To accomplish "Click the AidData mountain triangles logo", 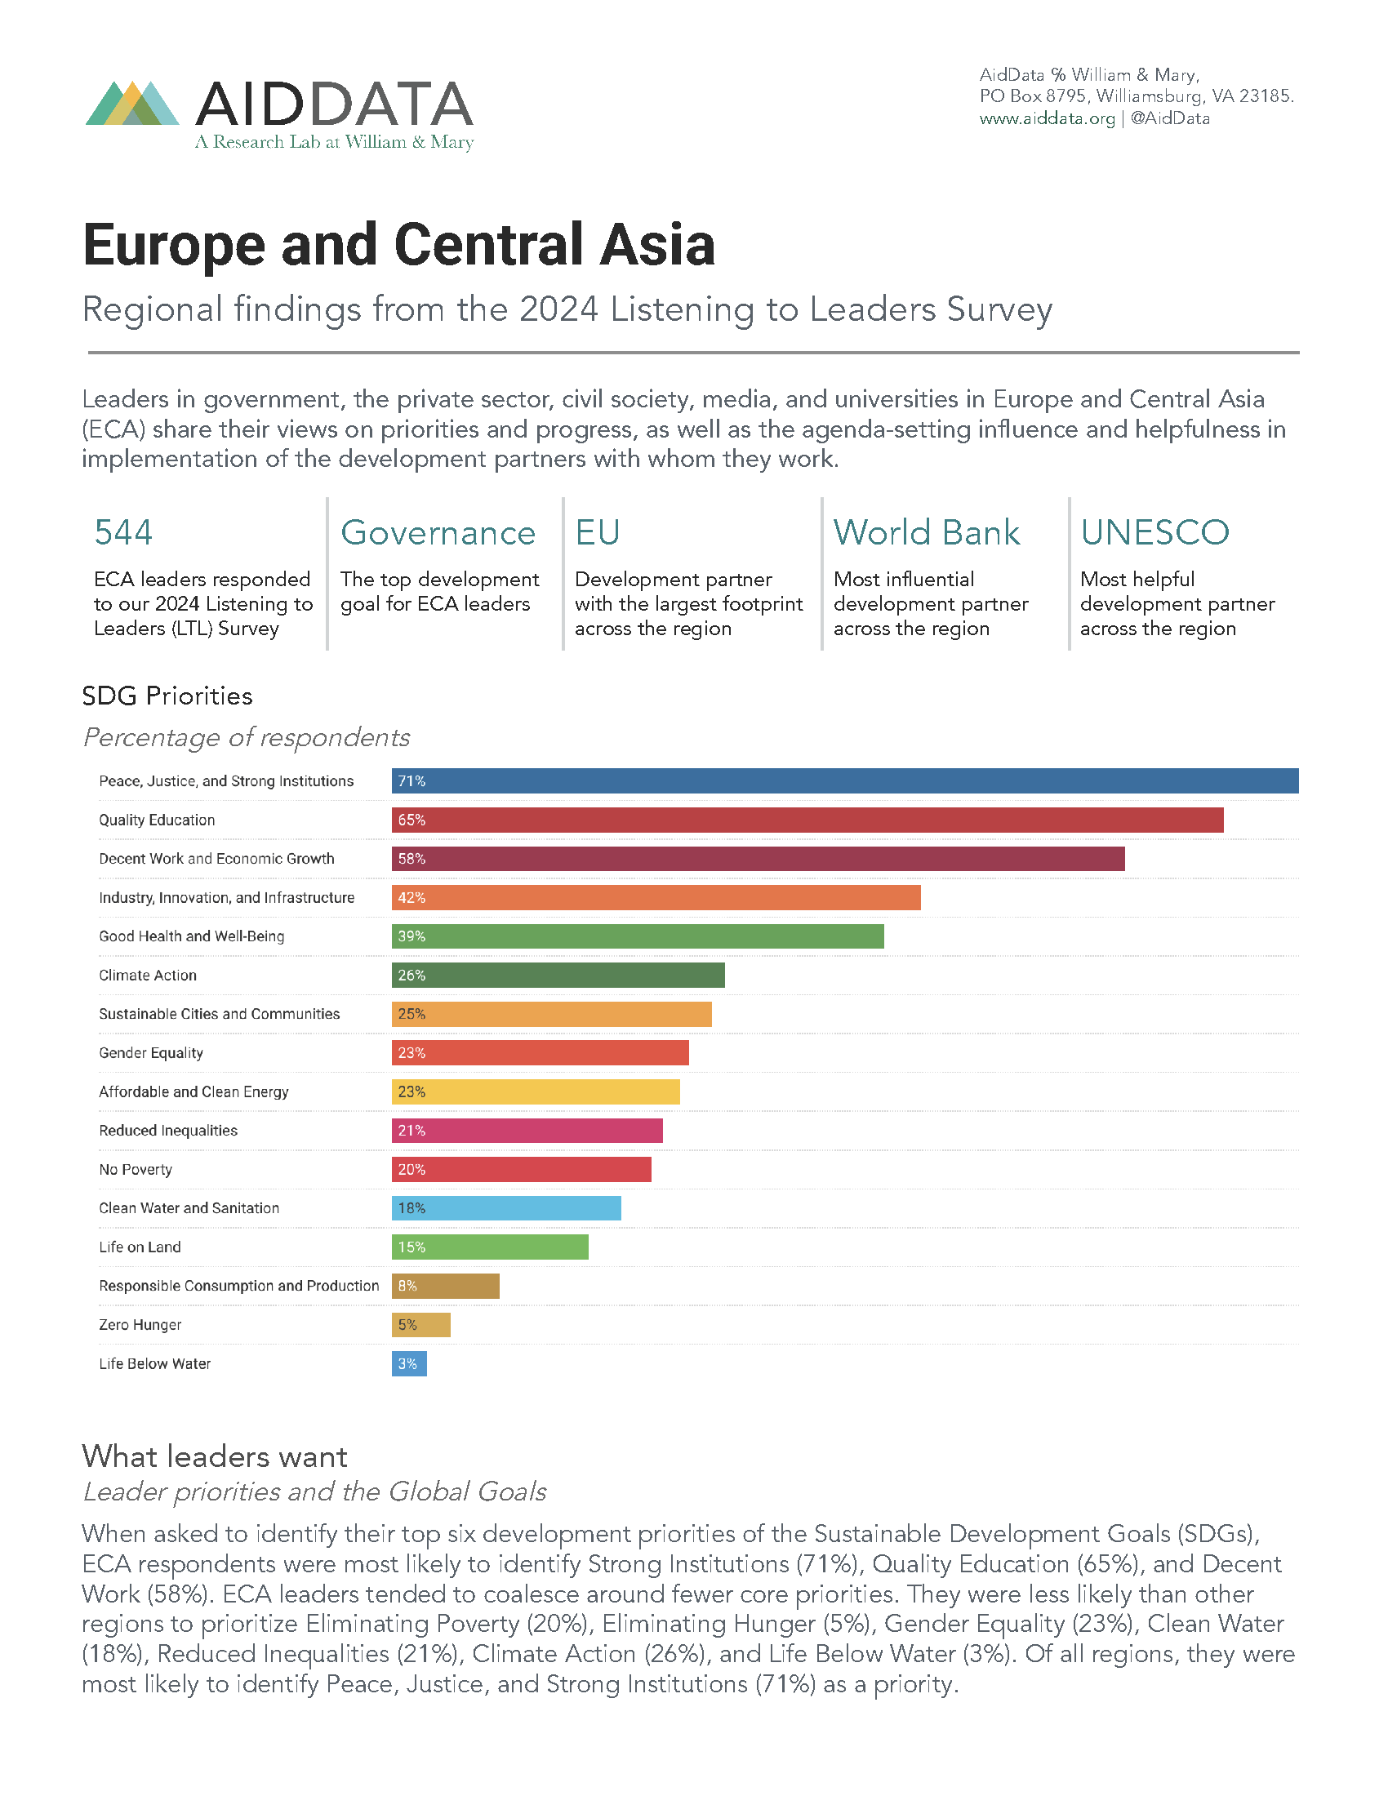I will tap(132, 104).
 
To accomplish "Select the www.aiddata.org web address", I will tap(1047, 118).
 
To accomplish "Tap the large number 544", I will tap(123, 533).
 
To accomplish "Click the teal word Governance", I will tap(438, 533).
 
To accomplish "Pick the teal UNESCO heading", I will tap(1154, 533).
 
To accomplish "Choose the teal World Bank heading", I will tap(926, 533).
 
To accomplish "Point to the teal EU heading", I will tap(597, 533).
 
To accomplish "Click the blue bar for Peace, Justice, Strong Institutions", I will tap(844, 781).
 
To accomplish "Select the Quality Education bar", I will tap(807, 820).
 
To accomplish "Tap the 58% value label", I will tap(412, 859).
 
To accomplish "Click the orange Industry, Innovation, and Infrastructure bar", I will tap(656, 898).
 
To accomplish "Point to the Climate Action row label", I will tap(148, 976).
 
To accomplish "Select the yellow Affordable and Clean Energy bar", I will tap(536, 1092).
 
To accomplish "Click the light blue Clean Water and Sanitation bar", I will tap(505, 1208).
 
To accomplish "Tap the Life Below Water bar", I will tap(409, 1363).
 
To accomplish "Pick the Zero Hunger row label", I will tap(140, 1325).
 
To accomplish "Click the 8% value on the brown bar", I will tap(407, 1286).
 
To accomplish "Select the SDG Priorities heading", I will tap(167, 696).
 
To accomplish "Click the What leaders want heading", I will tap(214, 1456).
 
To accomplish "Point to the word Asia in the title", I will tap(657, 245).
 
